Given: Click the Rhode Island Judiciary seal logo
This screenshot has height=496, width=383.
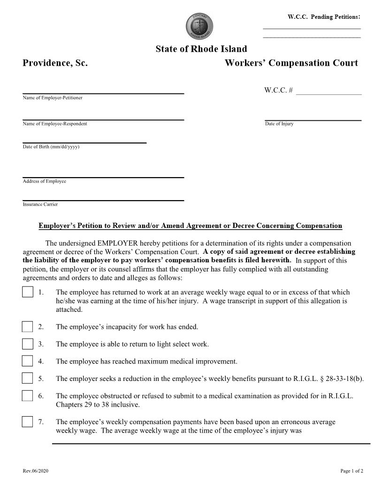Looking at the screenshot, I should click(199, 26).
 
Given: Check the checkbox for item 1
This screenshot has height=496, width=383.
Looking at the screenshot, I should click(28, 292).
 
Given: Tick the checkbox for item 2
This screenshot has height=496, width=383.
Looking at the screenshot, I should click(28, 327).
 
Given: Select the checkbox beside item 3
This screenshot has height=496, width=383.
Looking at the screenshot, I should click(28, 344).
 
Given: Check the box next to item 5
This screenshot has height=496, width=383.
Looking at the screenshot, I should click(28, 379).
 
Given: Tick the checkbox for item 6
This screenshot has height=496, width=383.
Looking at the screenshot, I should click(28, 396).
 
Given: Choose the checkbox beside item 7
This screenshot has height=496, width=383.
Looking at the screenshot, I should click(28, 422).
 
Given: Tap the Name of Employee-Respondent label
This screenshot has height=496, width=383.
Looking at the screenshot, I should click(55, 124).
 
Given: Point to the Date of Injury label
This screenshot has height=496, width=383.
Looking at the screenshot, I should click(279, 124).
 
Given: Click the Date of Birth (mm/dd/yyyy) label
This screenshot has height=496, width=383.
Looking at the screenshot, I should click(51, 147).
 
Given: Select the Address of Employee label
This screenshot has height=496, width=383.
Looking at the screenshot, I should click(45, 181).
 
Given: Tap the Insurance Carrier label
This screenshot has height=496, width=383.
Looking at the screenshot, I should click(40, 204).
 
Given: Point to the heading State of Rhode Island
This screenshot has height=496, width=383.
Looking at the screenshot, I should click(201, 49).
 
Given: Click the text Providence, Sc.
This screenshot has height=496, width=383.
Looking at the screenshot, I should click(55, 63).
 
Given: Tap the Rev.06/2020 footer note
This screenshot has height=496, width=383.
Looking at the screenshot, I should click(35, 471).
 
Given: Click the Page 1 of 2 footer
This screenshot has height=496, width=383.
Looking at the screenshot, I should click(352, 471).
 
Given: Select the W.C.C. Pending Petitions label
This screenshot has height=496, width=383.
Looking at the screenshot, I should click(324, 17).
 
